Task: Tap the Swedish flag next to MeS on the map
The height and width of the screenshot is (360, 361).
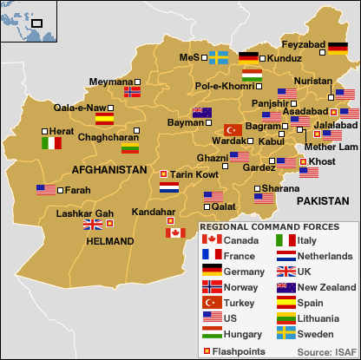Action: click(218, 57)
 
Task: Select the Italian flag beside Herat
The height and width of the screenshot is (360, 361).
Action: click(52, 142)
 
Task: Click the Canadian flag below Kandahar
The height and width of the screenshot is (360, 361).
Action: click(175, 232)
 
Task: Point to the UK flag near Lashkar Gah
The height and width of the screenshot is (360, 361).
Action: click(92, 225)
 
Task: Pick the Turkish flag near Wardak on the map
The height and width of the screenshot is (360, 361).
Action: click(233, 129)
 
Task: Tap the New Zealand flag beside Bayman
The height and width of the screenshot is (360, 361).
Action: click(201, 112)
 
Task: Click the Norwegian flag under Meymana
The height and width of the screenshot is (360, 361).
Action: click(133, 91)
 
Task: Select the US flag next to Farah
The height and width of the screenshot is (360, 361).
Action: click(46, 190)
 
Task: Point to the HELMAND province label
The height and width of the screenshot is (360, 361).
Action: click(110, 241)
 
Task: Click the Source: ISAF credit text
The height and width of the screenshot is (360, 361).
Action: click(325, 350)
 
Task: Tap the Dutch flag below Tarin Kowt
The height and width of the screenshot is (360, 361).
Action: click(169, 187)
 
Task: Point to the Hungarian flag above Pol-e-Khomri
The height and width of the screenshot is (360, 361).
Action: click(252, 75)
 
